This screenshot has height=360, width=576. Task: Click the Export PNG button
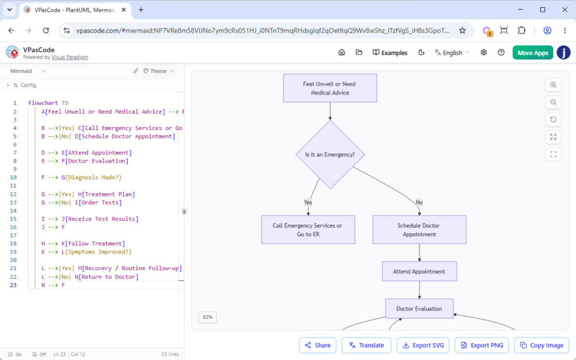pos(481,345)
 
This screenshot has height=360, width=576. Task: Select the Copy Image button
pos(542,345)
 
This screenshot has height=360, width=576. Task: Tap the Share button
pos(317,345)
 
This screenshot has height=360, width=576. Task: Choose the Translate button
pos(366,345)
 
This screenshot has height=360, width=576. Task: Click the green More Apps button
pos(533,52)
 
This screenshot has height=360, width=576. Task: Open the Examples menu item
pos(390,52)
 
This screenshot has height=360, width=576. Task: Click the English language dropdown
pos(452,52)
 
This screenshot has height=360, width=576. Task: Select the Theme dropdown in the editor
pos(158,71)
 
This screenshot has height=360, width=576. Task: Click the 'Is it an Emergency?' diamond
pos(330,155)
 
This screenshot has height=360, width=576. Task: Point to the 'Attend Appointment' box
pos(419,272)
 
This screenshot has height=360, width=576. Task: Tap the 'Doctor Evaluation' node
pos(419,309)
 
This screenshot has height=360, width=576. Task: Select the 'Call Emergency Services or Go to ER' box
pos(308,229)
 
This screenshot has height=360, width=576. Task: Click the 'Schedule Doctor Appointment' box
pos(419,229)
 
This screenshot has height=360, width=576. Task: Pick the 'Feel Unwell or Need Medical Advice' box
pos(330,88)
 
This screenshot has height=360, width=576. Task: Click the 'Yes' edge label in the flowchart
pos(308,202)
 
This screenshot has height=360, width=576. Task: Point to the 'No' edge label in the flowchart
pos(419,202)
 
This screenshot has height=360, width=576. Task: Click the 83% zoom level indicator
pos(208,317)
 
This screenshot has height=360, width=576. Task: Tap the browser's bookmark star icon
pos(462,30)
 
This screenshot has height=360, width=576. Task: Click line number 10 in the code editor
pos(13,177)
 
